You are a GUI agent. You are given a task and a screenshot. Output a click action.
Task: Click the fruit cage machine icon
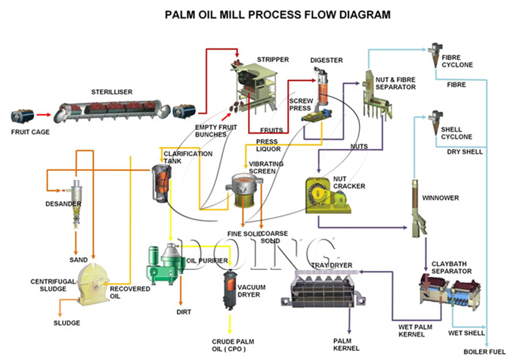coord(23,116)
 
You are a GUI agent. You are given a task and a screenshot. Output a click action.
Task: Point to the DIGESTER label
coord(326,60)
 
